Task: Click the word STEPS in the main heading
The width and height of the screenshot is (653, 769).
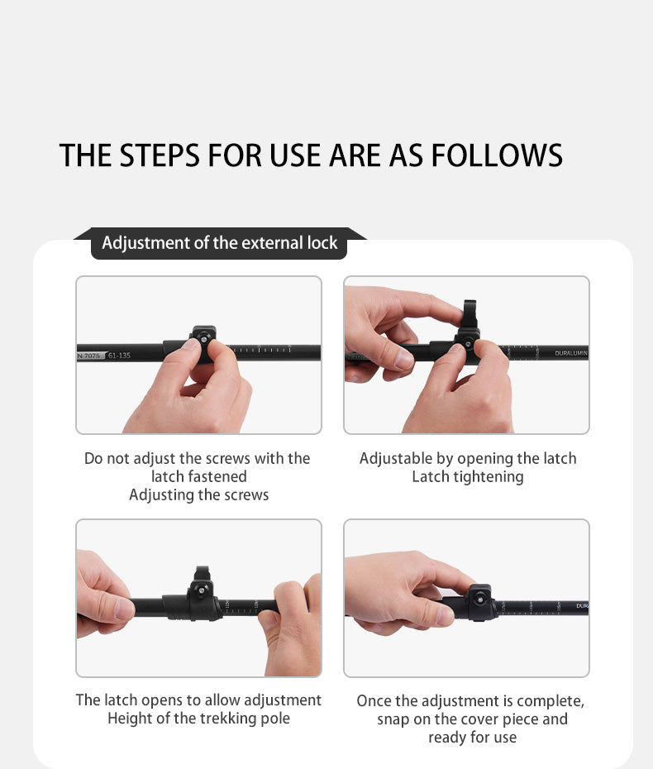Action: point(160,155)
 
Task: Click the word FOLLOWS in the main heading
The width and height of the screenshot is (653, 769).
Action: point(497,155)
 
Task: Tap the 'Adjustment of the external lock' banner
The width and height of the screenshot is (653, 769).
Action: point(220,243)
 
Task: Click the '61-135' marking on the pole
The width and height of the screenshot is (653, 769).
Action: point(119,355)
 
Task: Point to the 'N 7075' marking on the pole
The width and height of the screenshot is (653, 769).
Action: point(89,355)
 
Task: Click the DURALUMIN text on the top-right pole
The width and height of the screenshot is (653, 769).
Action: point(571,353)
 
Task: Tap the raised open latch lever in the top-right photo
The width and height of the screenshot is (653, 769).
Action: point(469,315)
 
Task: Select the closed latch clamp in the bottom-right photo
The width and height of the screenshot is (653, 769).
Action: point(479,602)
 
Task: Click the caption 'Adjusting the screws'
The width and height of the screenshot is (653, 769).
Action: point(199,494)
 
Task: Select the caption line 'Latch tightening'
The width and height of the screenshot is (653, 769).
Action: point(468,477)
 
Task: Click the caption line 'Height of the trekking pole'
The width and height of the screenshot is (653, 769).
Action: point(199,719)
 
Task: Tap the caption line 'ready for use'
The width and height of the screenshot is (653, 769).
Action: point(473,737)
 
